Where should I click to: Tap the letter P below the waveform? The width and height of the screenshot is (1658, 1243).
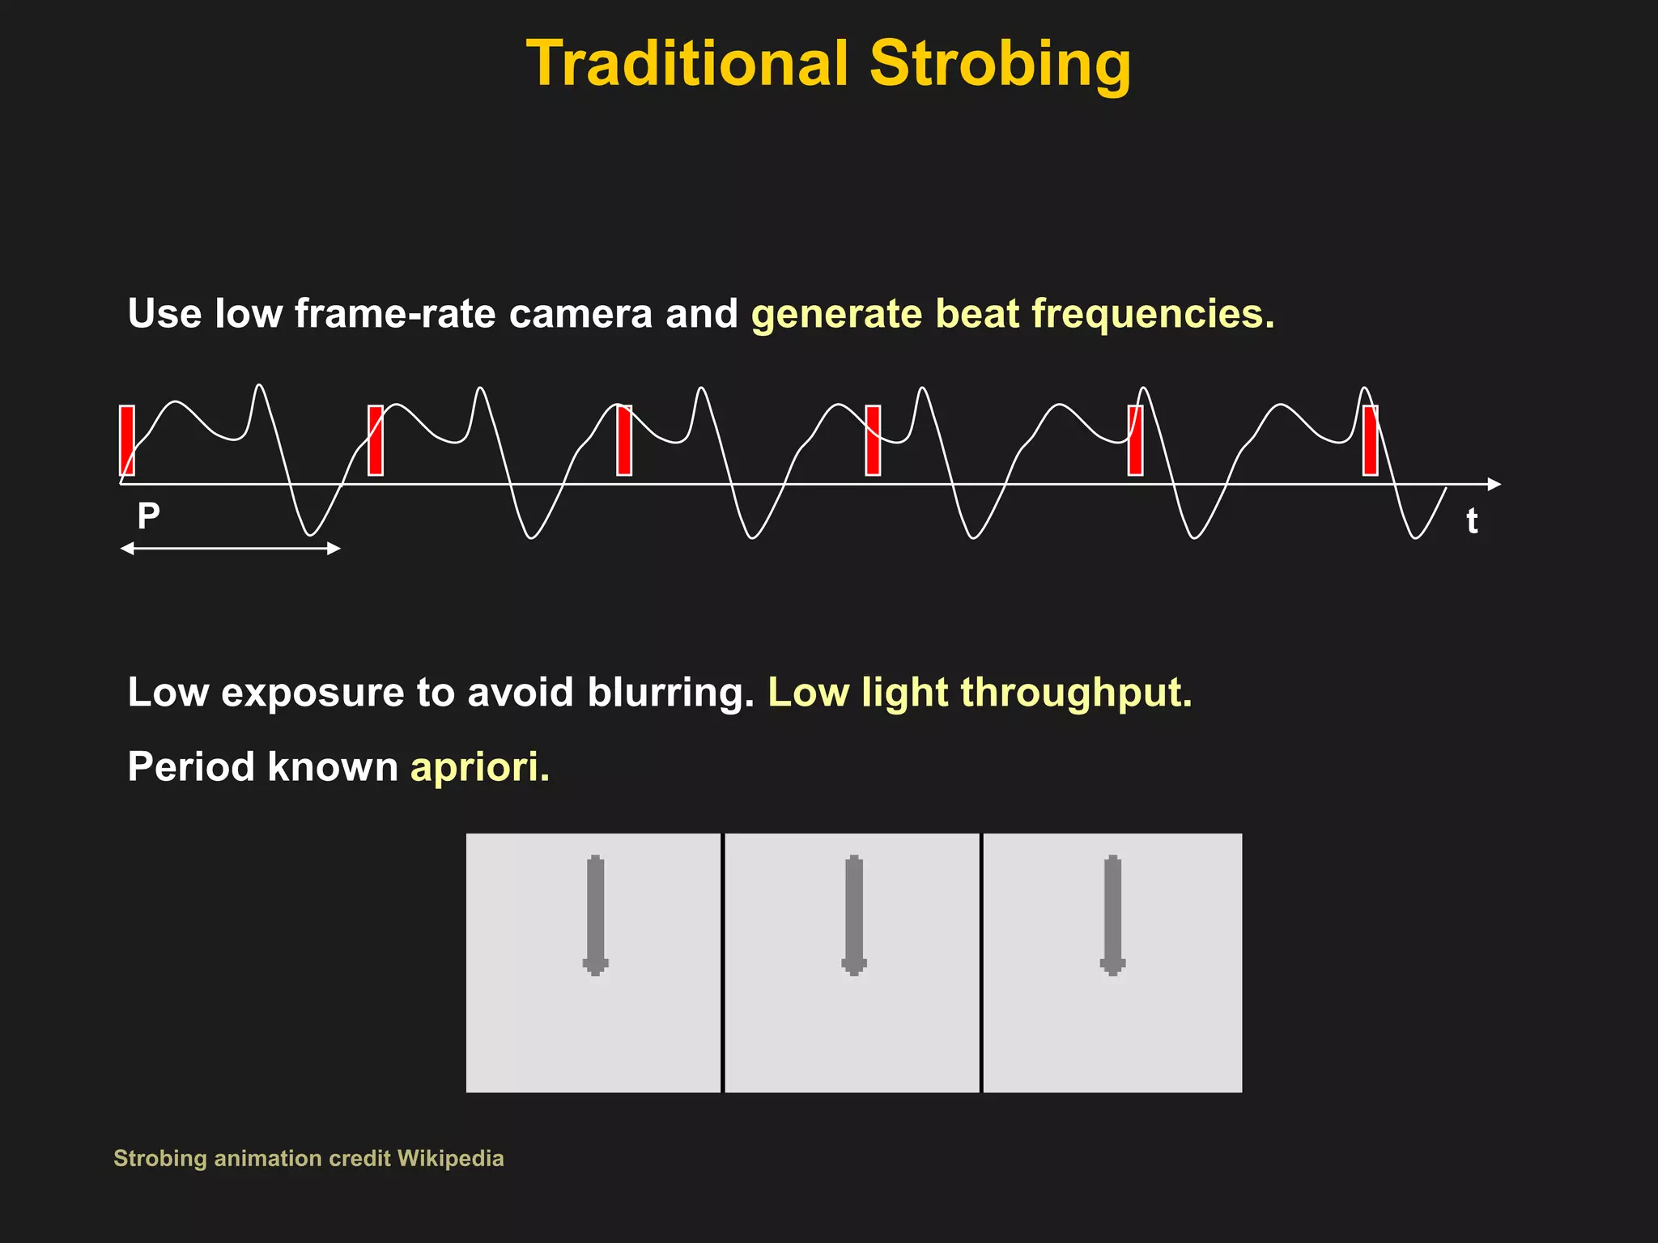click(x=148, y=515)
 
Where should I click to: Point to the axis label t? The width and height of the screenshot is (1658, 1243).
click(x=1472, y=521)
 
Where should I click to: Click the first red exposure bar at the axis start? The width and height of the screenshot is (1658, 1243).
click(x=127, y=440)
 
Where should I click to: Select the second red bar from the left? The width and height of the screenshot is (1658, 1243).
click(x=376, y=440)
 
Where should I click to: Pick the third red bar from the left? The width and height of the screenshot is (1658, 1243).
click(x=624, y=440)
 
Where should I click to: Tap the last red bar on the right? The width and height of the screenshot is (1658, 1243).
click(x=1370, y=440)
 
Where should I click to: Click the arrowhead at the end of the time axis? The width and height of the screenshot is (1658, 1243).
click(x=1494, y=484)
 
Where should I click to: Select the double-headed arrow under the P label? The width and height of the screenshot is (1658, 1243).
click(x=231, y=549)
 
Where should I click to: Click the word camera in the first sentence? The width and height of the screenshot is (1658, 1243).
click(x=580, y=314)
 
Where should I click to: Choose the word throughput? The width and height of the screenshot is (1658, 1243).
click(x=1077, y=693)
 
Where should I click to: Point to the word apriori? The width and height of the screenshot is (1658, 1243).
click(x=480, y=766)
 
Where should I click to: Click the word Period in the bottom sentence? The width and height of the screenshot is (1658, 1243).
click(x=191, y=766)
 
